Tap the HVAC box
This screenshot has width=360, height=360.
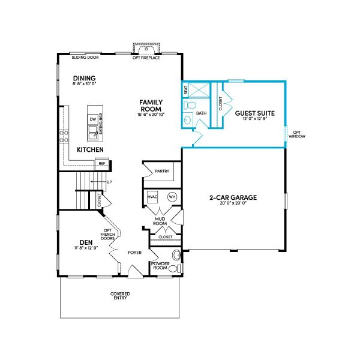(x=152, y=197)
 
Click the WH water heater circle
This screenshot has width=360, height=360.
(x=172, y=197)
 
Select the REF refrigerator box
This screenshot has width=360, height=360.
(x=102, y=163)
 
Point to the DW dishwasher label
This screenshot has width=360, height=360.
(x=92, y=119)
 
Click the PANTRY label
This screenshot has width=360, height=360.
(x=162, y=171)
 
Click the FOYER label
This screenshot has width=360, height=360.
(x=135, y=253)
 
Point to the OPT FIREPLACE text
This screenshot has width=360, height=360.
(x=146, y=58)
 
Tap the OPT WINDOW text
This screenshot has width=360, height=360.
(x=297, y=134)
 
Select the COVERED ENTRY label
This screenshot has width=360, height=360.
(x=120, y=296)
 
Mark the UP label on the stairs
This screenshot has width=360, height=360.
(x=109, y=182)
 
